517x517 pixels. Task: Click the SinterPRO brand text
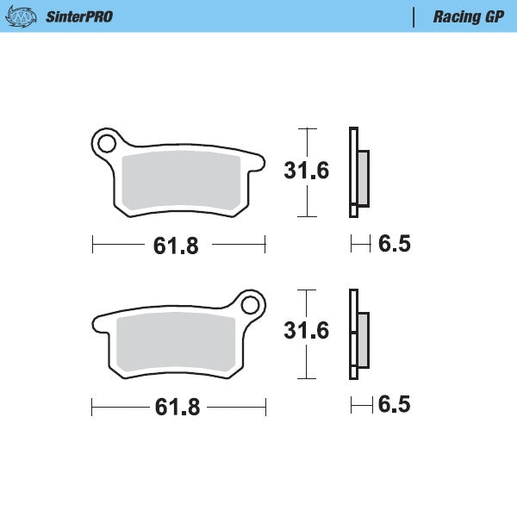pos(79,16)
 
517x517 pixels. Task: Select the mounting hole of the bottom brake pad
pos(251,304)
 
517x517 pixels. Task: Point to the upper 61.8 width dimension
pos(176,246)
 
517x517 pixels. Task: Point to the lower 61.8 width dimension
pos(176,407)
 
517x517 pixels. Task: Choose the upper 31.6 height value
pos(306,171)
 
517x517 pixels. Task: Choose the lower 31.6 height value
pos(306,331)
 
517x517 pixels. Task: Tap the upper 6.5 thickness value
pos(395,244)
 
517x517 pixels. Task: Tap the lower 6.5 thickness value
pos(395,405)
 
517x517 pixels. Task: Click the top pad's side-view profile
pos(353,172)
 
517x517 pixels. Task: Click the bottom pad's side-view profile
pos(353,334)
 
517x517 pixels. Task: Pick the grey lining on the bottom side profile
pos(363,339)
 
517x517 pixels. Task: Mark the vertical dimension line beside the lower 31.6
pos(302,362)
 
